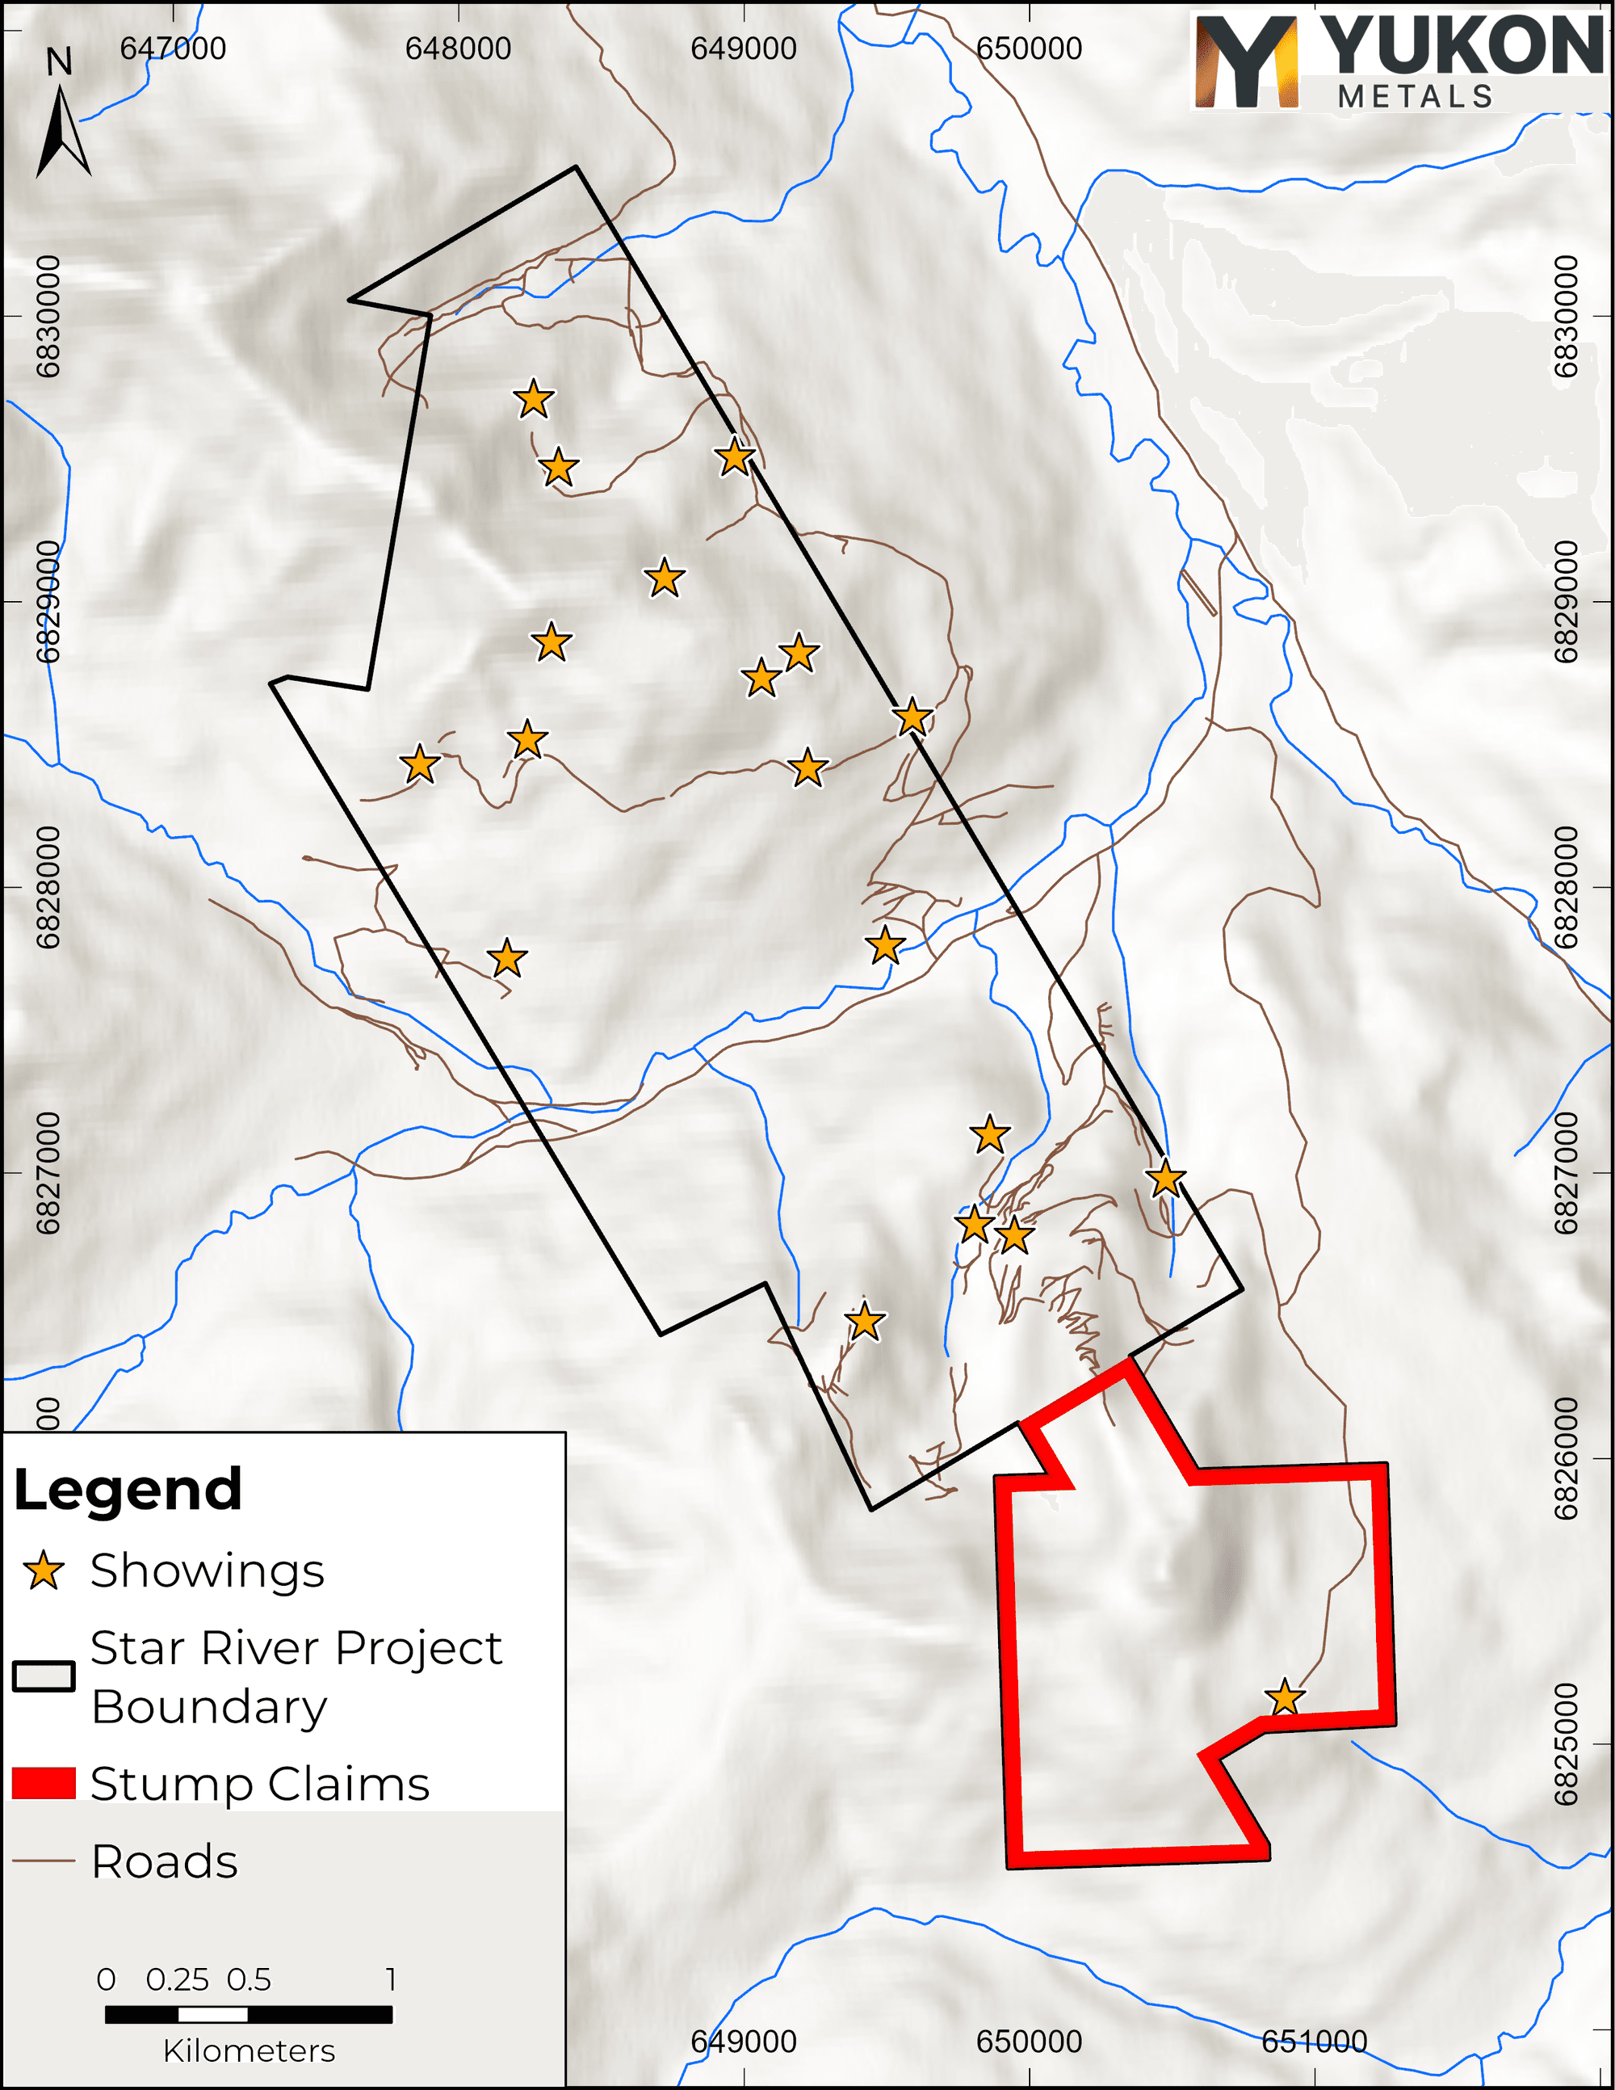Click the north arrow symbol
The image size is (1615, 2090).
[x=63, y=129]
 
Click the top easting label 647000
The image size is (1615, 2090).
[x=173, y=48]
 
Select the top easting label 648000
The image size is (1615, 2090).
[x=459, y=48]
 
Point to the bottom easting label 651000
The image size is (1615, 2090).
[x=1314, y=2042]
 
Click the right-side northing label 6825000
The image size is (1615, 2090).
[x=1565, y=1744]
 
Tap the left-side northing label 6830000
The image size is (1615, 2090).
[x=48, y=316]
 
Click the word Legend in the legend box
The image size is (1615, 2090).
[x=128, y=1489]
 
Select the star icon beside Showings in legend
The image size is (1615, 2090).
[x=44, y=1571]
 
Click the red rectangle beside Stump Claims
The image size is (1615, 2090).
[x=44, y=1783]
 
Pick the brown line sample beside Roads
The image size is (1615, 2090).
[x=44, y=1861]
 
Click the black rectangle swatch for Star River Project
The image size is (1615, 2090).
[x=44, y=1676]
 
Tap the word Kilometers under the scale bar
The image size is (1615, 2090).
[x=249, y=2050]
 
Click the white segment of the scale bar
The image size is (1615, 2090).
[x=212, y=2014]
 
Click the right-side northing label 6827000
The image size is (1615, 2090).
[x=1565, y=1173]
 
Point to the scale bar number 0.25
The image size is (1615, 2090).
[x=177, y=1979]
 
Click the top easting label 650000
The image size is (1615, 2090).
[x=1030, y=48]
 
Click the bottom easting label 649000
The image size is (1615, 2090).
[x=744, y=2042]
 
